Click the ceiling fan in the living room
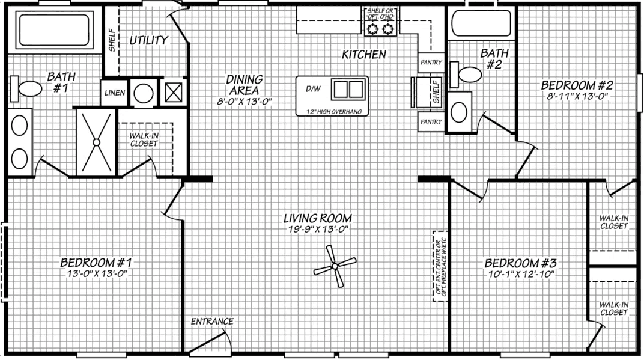(x=335, y=265)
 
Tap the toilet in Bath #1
(x=28, y=89)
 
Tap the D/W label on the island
(x=313, y=89)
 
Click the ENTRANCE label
(x=211, y=322)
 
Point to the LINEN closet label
(x=114, y=93)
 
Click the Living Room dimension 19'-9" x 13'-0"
(x=318, y=230)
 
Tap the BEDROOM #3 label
(x=521, y=263)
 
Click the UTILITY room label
(x=148, y=40)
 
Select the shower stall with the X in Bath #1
(x=96, y=142)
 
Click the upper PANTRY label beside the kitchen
(x=431, y=63)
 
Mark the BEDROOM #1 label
(x=96, y=263)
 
